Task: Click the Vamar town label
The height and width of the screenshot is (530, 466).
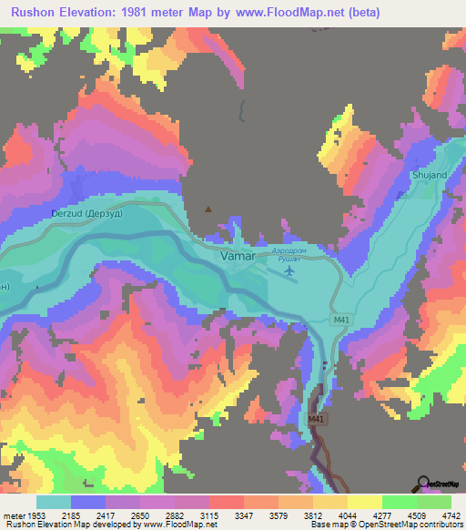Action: tap(238, 257)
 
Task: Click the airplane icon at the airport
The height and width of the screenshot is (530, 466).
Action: tap(290, 270)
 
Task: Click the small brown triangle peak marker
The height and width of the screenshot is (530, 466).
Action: tap(209, 209)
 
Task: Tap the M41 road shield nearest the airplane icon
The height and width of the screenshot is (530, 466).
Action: tap(340, 321)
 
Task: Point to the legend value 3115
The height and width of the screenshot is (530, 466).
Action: tap(210, 515)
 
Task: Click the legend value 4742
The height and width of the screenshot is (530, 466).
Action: tap(451, 515)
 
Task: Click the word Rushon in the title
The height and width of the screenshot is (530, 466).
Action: tap(34, 12)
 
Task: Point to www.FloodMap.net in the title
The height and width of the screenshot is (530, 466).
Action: tap(292, 12)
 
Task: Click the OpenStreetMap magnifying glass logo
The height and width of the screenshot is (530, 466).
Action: tap(424, 484)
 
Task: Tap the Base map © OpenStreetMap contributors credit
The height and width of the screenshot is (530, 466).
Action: tap(387, 525)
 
